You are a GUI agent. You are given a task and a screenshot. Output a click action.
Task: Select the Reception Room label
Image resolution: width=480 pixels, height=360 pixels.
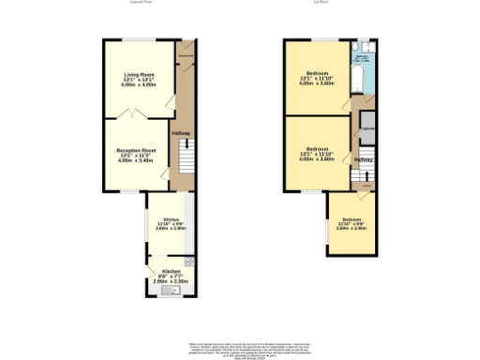[x=137, y=155]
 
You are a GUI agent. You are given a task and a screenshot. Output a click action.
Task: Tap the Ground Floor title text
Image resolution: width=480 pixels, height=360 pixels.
[x=142, y=3]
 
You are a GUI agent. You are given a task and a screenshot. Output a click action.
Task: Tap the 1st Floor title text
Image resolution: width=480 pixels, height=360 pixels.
[x=333, y=3]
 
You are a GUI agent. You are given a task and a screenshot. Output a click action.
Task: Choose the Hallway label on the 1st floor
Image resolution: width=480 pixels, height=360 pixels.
[x=364, y=158]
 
